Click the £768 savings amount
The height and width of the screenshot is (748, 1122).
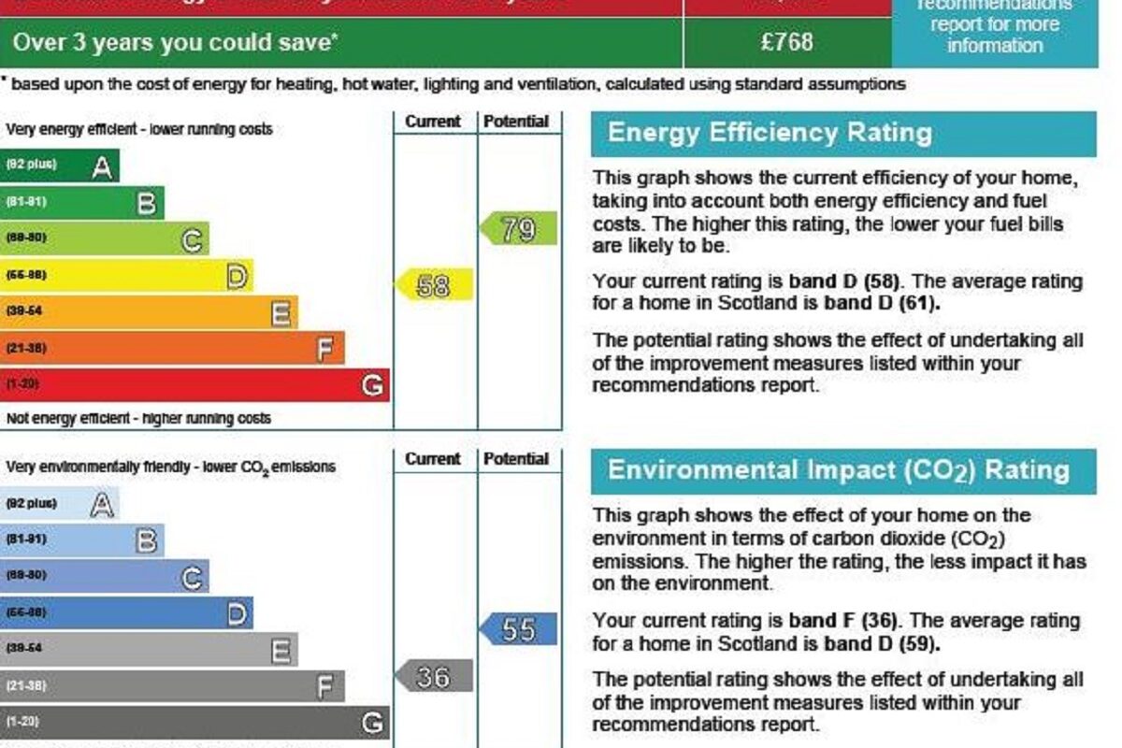(x=787, y=42)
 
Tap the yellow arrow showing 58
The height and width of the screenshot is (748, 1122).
(x=435, y=285)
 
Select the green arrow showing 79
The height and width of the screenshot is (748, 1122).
(x=519, y=228)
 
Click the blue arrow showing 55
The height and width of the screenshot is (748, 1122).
(x=519, y=629)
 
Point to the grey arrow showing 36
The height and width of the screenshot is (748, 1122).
(x=434, y=676)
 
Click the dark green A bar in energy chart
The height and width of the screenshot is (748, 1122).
(x=60, y=165)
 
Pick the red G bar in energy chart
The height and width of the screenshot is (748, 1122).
(x=194, y=384)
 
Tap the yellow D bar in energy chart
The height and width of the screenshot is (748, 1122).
(x=126, y=275)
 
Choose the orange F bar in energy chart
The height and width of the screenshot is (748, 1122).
(x=172, y=348)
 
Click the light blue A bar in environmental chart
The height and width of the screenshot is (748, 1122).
(x=60, y=504)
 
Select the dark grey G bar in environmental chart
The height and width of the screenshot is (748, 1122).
(x=194, y=722)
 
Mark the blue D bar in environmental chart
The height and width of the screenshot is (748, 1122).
(x=126, y=612)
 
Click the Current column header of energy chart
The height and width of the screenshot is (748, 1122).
(x=433, y=122)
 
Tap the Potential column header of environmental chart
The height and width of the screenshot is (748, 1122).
(x=516, y=459)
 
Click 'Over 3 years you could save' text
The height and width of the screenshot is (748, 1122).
(x=173, y=42)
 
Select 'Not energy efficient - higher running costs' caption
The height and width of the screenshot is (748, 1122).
(x=138, y=419)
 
